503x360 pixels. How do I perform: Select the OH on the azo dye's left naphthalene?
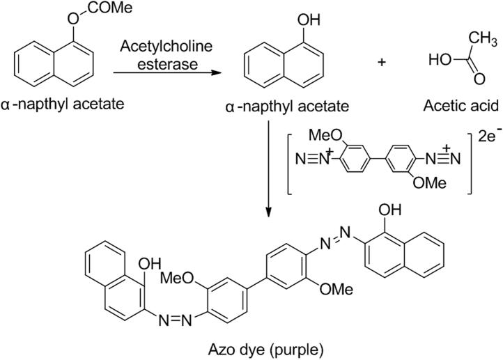[150, 264]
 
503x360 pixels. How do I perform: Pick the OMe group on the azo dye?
[336, 288]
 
